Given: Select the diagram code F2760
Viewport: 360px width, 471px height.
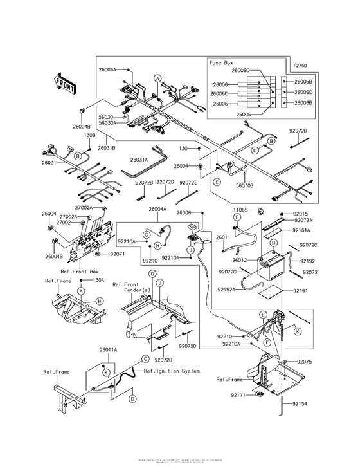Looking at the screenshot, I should point(300,66).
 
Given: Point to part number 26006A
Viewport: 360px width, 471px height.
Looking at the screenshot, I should point(108,69).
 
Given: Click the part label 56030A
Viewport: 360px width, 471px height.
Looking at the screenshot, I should point(108,122).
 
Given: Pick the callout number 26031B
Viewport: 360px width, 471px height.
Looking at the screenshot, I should point(107,147).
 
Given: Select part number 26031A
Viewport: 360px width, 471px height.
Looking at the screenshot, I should point(138,160).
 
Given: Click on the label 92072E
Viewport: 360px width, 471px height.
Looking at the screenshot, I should point(188,182).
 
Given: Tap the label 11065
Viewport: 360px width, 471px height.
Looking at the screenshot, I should point(239,210).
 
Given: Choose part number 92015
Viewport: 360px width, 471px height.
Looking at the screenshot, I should point(301,213).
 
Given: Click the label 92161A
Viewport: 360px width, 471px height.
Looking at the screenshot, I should point(302,230).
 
